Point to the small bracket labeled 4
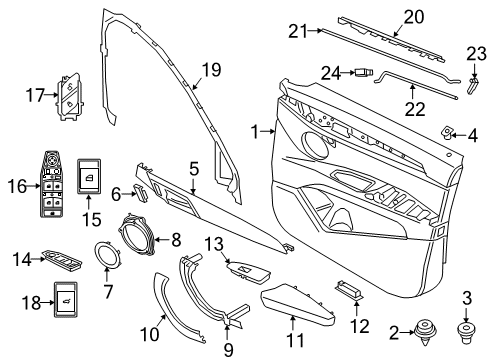tap(446, 131)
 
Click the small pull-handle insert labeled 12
tap(348, 289)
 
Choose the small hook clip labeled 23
tap(470, 88)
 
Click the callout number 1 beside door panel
tap(258, 131)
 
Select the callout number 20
tap(413, 15)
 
